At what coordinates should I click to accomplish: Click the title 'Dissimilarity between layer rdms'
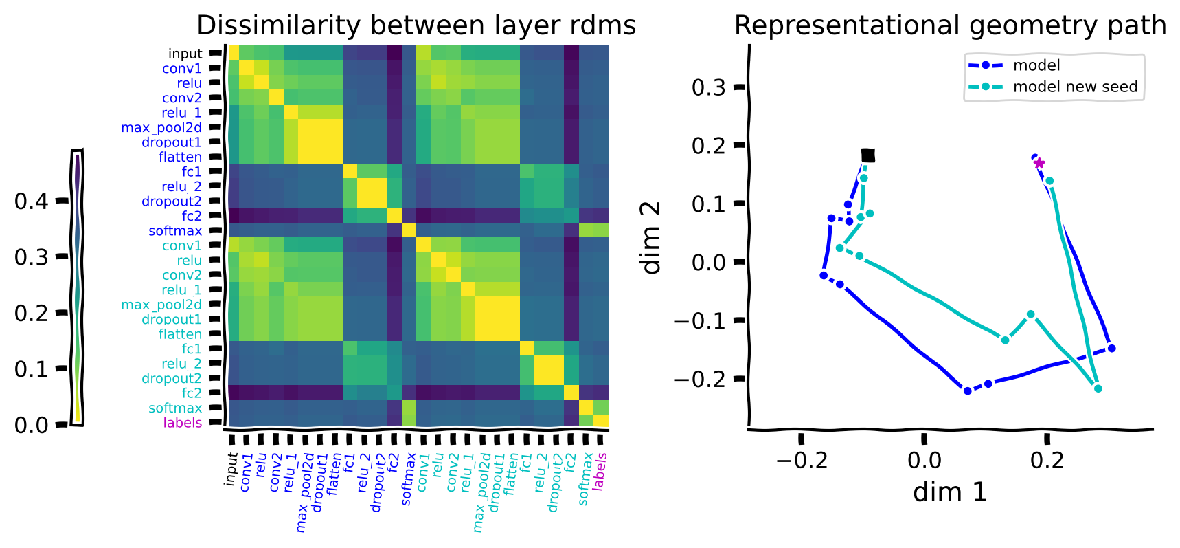point(416,25)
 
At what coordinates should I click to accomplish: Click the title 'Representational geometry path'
point(950,25)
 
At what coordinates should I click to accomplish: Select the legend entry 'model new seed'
point(1075,87)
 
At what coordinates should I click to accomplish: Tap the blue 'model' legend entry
point(1036,65)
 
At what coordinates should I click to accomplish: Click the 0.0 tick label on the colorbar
point(32,425)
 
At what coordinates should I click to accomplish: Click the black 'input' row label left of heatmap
point(185,54)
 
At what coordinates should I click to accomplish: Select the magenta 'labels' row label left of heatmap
point(182,422)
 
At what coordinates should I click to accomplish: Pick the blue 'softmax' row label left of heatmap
point(175,231)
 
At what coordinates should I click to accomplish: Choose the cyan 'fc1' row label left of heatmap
point(192,349)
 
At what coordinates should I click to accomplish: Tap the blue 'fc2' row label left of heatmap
point(192,216)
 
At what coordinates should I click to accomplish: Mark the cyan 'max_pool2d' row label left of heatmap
point(161,305)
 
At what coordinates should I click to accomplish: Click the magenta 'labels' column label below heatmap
point(600,470)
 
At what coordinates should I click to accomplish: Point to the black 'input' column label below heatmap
point(231,469)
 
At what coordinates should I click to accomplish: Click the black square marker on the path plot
point(867,155)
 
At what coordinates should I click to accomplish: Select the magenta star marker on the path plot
point(1039,163)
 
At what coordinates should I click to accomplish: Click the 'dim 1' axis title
point(950,492)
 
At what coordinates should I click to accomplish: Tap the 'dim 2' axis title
point(650,237)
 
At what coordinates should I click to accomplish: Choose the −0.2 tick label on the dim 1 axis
point(802,460)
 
